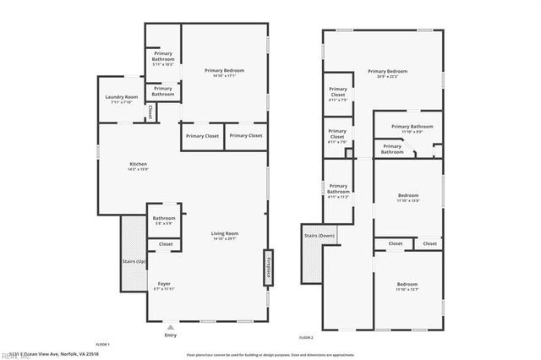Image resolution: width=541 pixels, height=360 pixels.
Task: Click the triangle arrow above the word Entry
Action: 172,326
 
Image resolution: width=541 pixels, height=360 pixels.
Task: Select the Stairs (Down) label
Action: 320,236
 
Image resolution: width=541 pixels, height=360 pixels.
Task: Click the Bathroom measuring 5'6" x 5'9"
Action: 163,221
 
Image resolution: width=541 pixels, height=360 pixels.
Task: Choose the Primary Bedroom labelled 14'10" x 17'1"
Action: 224,73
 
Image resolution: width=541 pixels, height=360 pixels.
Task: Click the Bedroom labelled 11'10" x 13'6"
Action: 408,199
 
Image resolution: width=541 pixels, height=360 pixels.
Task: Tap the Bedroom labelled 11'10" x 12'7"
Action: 408,286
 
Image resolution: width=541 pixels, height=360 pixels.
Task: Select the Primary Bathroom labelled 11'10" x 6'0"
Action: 412,128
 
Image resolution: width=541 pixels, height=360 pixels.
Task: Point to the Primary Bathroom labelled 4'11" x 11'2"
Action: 338,191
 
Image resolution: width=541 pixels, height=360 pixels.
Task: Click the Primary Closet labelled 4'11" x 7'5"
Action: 337,94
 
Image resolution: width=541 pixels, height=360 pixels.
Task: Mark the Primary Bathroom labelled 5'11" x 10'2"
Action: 163,58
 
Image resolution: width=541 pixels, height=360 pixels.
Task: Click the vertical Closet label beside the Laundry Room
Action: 150,111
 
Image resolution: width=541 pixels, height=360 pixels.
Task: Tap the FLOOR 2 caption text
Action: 306,337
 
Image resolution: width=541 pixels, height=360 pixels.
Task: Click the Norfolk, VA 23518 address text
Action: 58,354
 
